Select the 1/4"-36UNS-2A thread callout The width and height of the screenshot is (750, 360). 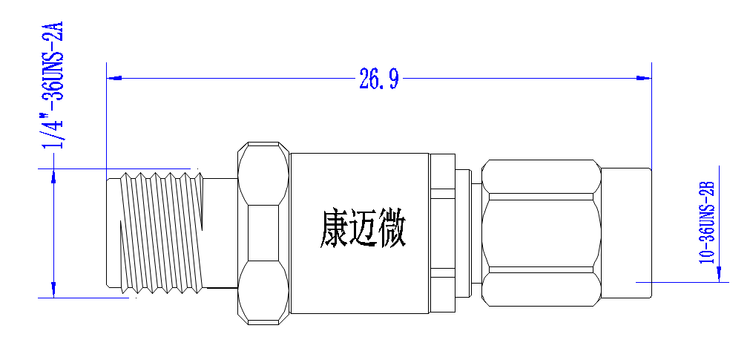tap(53, 85)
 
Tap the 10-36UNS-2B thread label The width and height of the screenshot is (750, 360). tap(707, 222)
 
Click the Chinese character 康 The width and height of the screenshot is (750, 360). tap(334, 229)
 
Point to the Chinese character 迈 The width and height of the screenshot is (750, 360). tap(363, 229)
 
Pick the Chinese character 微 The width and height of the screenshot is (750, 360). tap(392, 229)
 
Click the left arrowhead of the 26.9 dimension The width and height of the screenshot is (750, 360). tap(114, 77)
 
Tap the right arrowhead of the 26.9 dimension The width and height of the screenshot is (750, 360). tap(644, 77)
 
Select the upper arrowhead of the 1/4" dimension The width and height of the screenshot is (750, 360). tap(53, 176)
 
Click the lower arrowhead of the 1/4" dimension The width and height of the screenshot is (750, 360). tap(53, 289)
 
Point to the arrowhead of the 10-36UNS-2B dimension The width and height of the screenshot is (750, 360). tap(719, 275)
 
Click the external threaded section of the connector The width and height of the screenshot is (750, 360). tap(160, 232)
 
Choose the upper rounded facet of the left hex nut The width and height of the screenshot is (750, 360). tap(263, 174)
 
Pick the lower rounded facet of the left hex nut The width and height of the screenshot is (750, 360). tap(263, 292)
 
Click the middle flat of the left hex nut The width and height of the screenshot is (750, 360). tap(263, 233)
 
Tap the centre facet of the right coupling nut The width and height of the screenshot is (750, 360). tap(541, 233)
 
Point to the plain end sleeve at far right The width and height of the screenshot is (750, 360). tap(626, 233)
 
